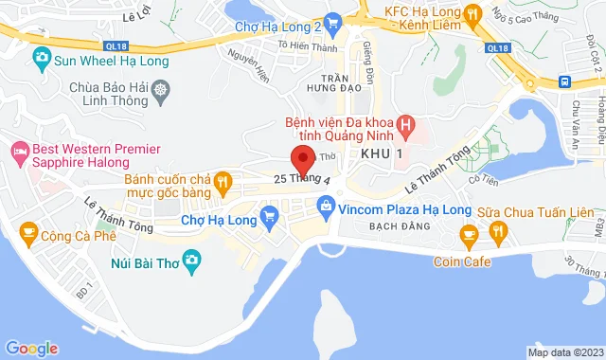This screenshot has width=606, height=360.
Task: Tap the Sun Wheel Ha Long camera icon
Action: [x=41, y=59]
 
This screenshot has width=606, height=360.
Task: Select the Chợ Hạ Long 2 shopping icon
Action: [x=331, y=22]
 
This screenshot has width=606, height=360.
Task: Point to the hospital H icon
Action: [x=406, y=123]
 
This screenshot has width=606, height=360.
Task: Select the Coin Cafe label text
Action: [x=466, y=261]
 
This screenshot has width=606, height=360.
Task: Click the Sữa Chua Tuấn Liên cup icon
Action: [x=466, y=233]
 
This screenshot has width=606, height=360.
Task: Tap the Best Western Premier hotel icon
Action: [x=19, y=150]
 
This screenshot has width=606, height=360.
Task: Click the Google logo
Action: [x=31, y=349]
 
